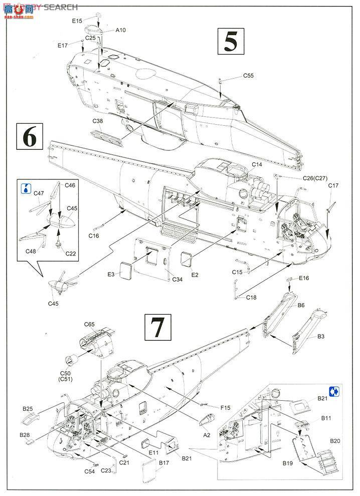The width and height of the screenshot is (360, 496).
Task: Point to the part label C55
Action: coord(249,76)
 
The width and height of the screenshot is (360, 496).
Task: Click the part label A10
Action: coord(120,30)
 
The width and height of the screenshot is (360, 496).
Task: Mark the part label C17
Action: coord(334,186)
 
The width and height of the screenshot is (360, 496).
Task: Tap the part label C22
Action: coord(71,254)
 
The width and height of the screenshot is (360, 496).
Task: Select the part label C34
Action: coord(177,279)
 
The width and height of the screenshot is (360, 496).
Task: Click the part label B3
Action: coord(322,337)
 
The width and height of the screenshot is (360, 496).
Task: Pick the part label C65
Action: coord(90,325)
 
